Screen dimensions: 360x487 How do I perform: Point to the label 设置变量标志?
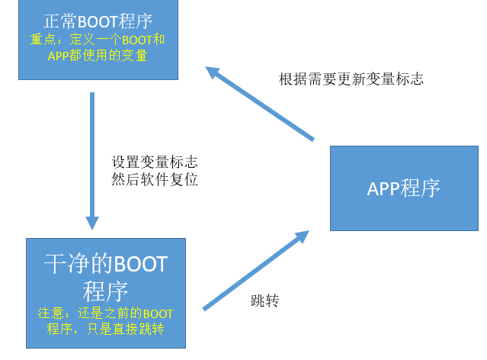point(155,162)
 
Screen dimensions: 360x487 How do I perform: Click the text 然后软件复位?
point(155,181)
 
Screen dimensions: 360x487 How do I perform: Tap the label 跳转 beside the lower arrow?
point(264,301)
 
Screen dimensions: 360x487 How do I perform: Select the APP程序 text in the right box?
point(403,188)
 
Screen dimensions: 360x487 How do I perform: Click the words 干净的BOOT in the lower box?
point(105,265)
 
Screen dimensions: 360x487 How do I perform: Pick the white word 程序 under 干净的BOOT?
point(105,291)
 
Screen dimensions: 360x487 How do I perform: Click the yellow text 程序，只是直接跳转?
point(105,329)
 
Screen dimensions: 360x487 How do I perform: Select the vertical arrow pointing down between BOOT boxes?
point(92,153)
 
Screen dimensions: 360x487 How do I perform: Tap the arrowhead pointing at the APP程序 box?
point(300,238)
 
